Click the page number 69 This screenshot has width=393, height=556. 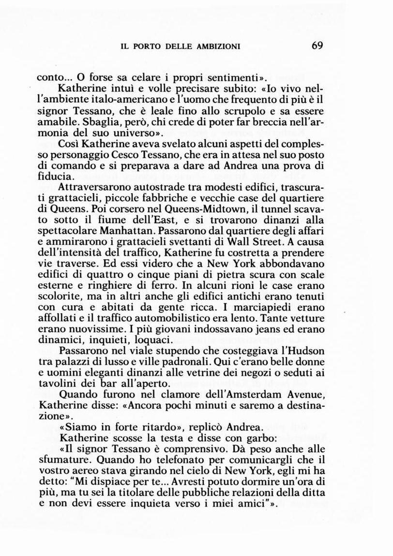click(x=317, y=46)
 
